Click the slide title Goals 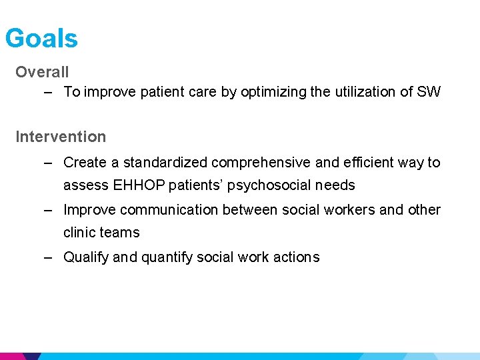41,39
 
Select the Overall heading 42,71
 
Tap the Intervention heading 61,137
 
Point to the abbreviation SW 429,92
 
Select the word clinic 81,233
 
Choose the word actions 295,257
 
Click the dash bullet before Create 48,163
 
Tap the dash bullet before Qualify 48,257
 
